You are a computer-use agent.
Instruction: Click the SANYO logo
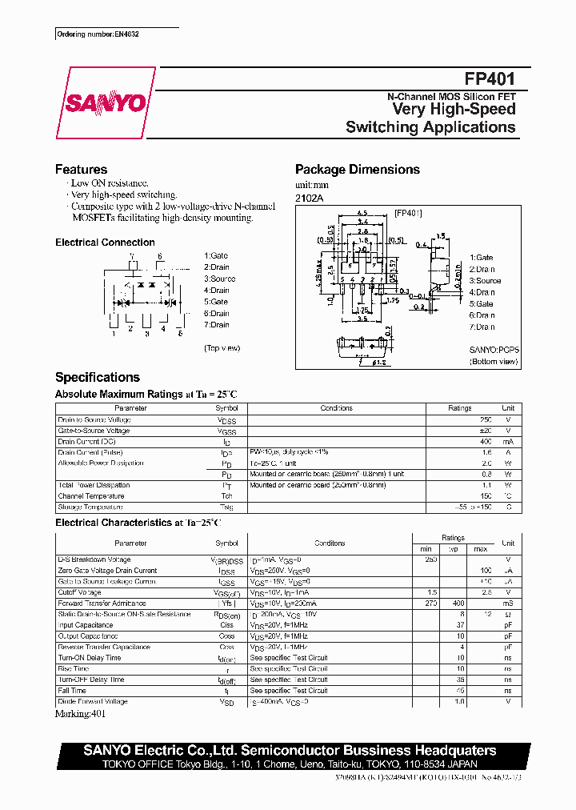tap(104, 103)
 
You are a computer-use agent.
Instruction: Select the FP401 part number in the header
tap(490, 79)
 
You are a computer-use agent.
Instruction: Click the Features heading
tap(81, 170)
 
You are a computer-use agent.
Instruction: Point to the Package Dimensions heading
tap(357, 170)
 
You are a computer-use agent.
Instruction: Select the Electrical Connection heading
tap(105, 243)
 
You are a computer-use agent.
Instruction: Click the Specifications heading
tap(97, 378)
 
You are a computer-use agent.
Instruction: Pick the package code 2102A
tap(310, 198)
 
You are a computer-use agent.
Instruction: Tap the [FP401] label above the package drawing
tap(407, 213)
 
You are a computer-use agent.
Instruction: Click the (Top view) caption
tap(222, 348)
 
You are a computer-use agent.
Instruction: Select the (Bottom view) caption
tap(493, 362)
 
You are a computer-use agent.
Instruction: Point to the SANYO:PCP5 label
tap(494, 350)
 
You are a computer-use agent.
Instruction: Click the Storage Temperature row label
tap(90, 507)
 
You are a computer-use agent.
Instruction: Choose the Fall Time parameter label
tap(72, 691)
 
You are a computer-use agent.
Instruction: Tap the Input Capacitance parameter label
tap(86, 625)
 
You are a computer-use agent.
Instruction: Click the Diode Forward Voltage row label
tap(93, 702)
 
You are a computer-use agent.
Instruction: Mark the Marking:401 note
tap(82, 713)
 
